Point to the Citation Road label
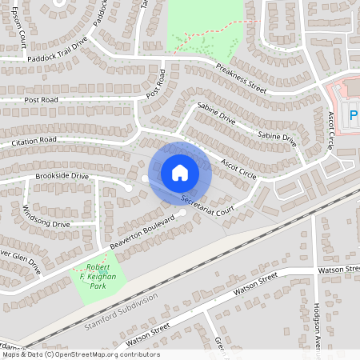(x=34, y=142)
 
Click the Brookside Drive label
(x=61, y=175)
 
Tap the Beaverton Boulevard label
(x=142, y=230)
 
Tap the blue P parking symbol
(x=354, y=118)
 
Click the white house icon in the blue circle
(x=180, y=172)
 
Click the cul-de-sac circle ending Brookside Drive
(x=128, y=188)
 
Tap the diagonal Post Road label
(x=156, y=83)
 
